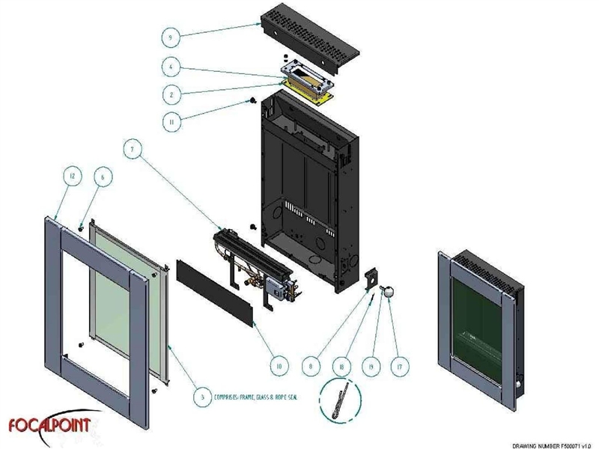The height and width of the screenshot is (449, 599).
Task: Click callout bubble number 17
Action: point(398,367)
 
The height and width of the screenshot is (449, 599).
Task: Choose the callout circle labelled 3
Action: point(199,397)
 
